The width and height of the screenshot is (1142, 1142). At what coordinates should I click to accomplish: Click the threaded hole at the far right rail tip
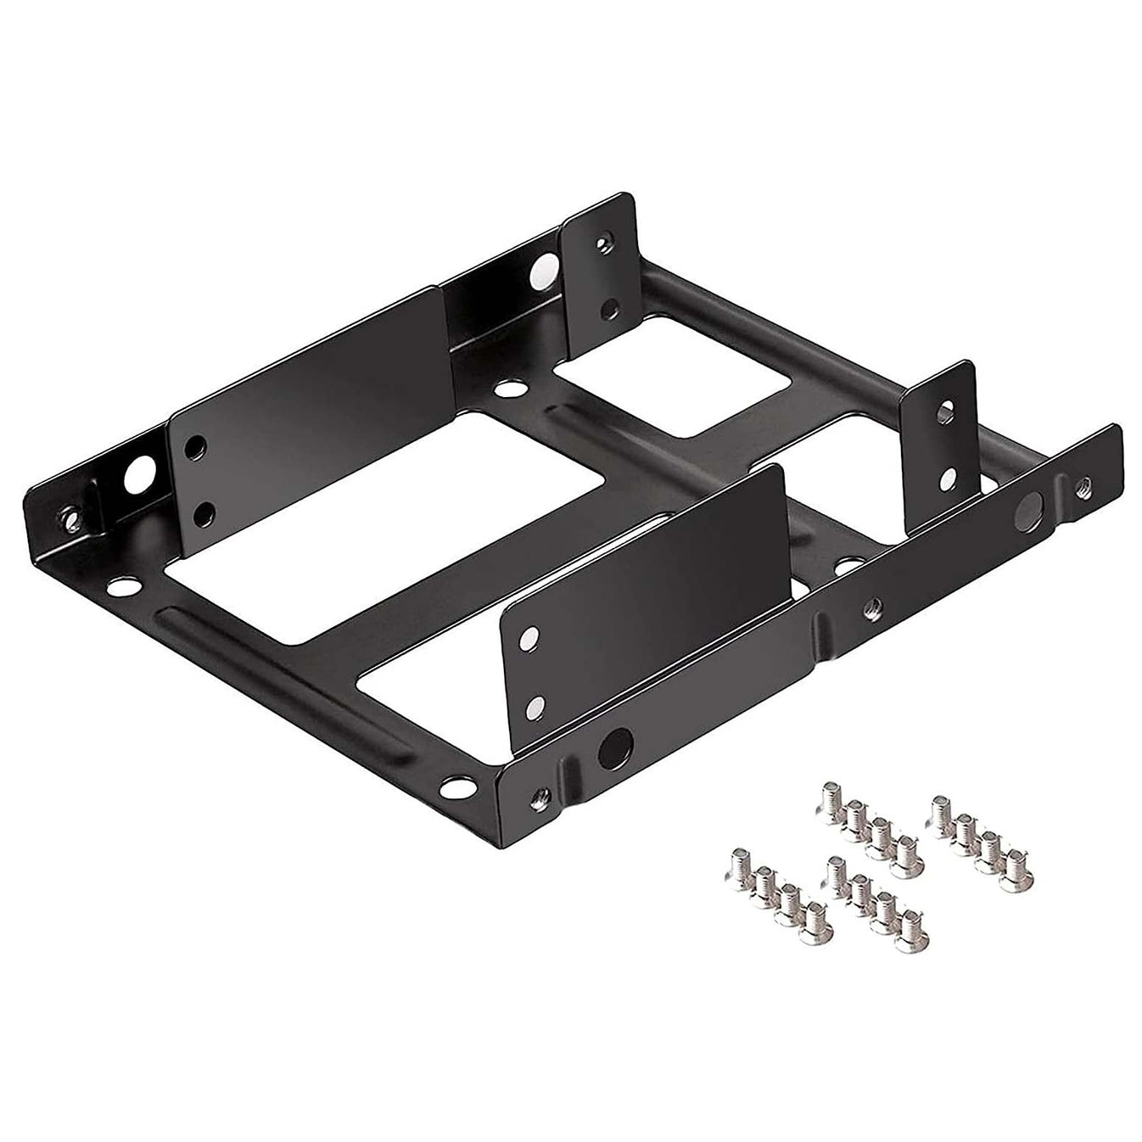(x=1083, y=487)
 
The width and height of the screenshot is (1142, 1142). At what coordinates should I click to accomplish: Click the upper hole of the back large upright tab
(x=197, y=445)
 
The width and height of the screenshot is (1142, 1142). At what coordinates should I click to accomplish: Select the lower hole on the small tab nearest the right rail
(x=948, y=480)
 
